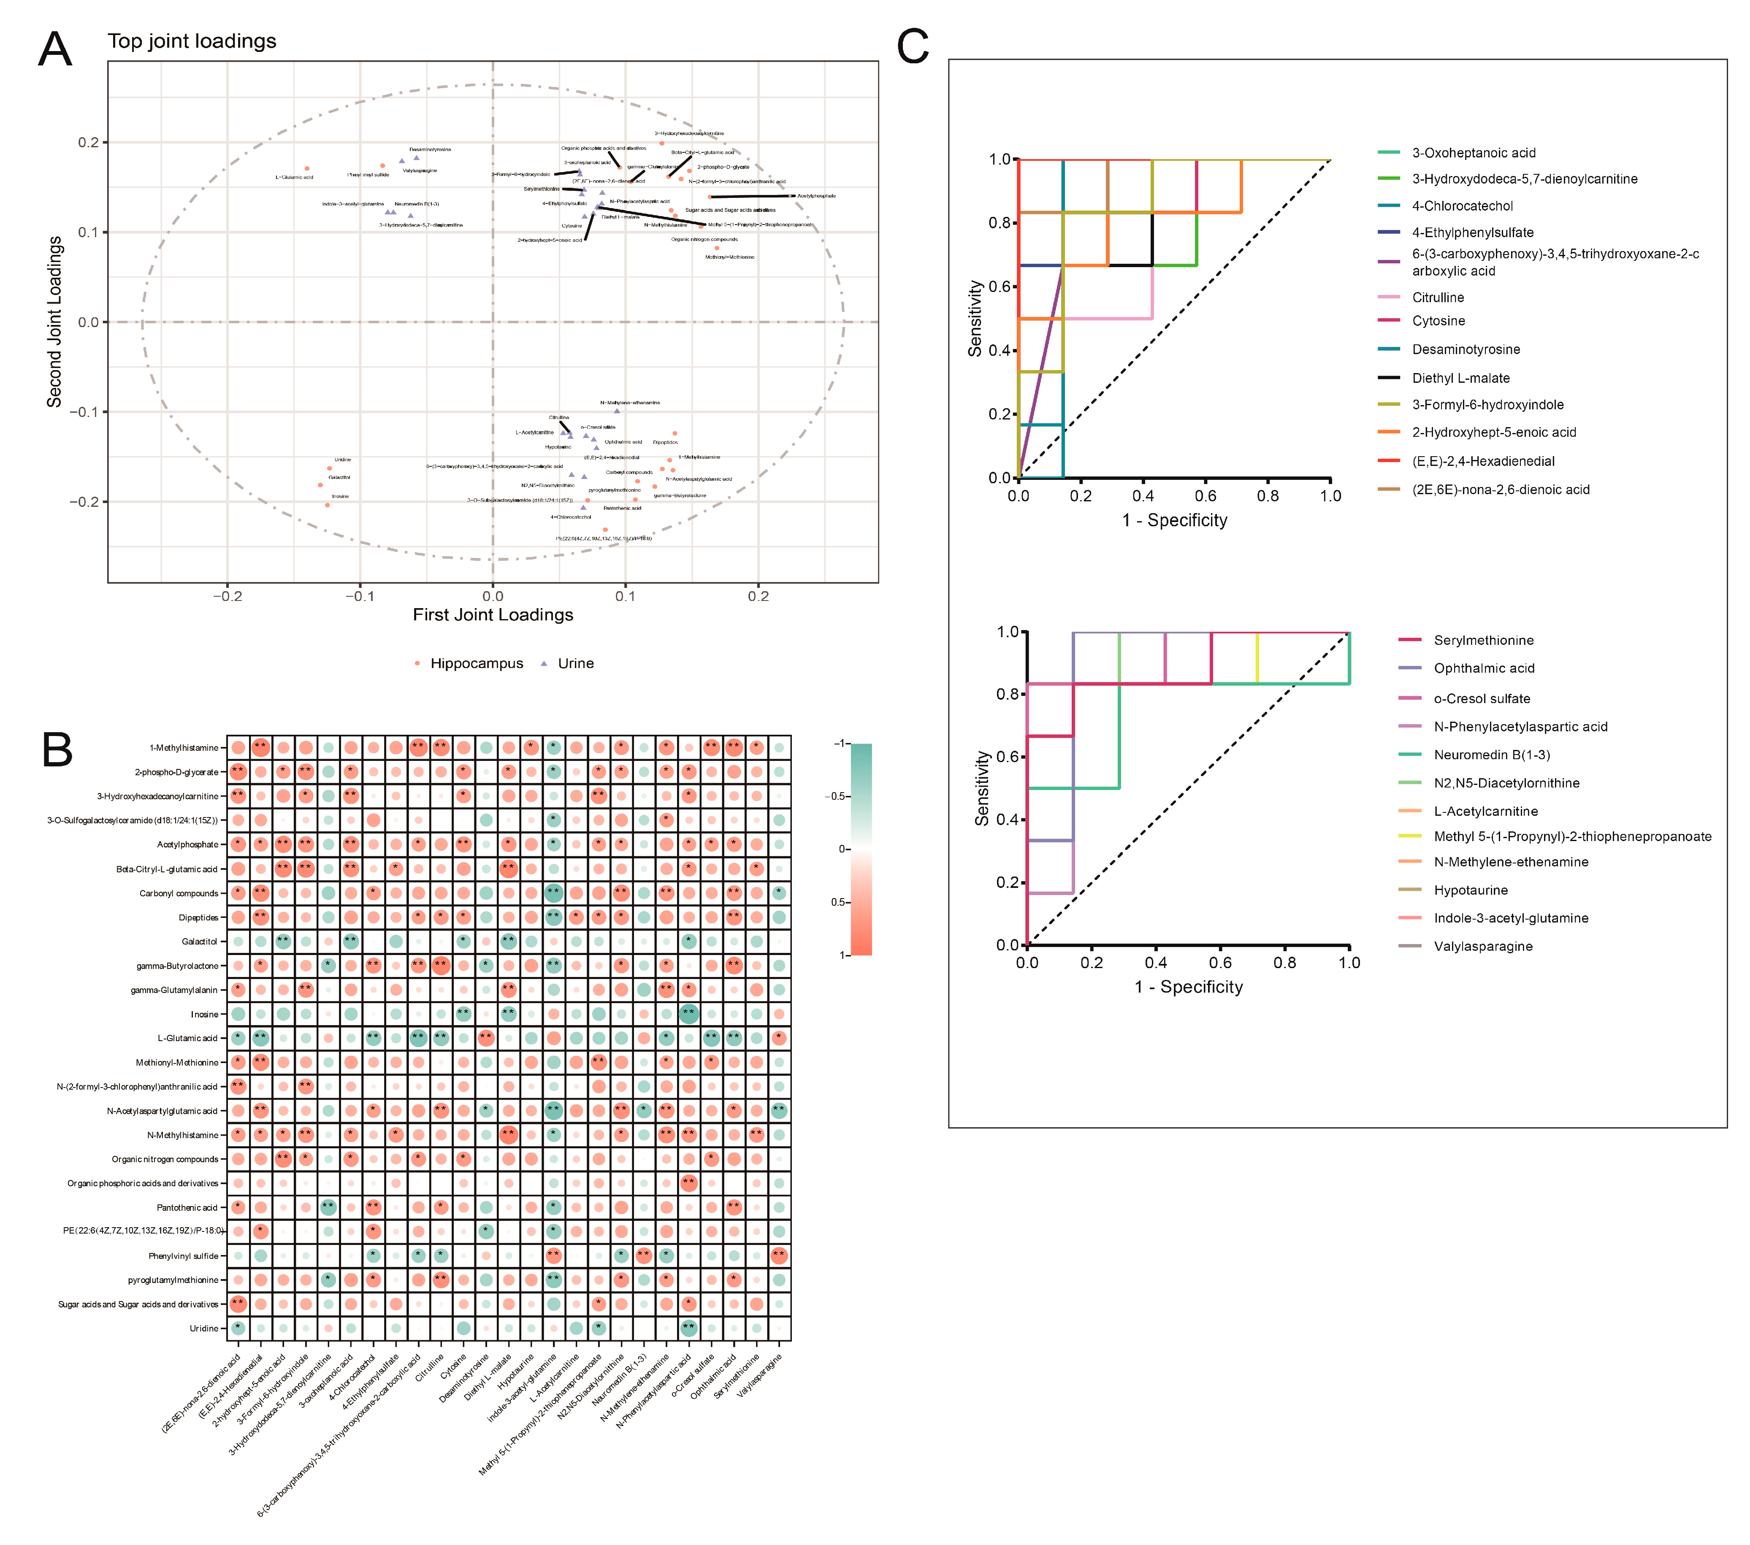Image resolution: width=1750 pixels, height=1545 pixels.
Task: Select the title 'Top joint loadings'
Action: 192,41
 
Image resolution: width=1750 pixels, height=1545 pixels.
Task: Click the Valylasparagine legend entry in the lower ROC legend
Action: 1483,946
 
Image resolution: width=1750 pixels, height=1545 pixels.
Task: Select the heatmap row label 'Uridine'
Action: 204,1329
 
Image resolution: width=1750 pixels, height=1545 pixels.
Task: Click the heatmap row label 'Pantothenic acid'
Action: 187,1208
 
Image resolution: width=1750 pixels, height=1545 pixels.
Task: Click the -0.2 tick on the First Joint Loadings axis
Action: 227,596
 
